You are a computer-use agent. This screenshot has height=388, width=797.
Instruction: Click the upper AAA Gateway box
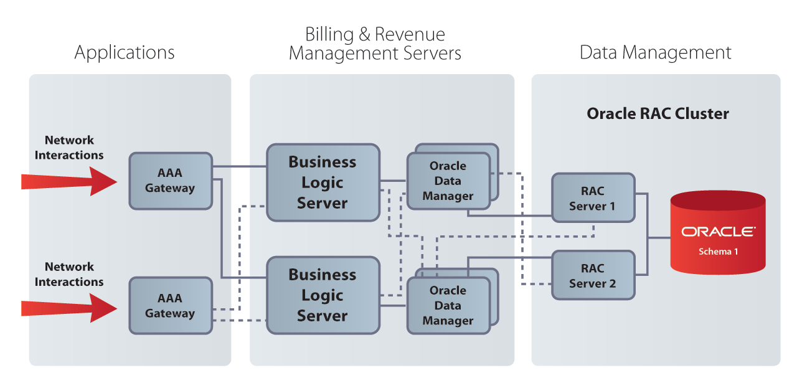pos(170,181)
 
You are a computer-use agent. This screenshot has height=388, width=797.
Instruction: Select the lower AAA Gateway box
pos(170,306)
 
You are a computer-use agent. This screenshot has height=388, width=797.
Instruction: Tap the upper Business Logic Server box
pos(323,182)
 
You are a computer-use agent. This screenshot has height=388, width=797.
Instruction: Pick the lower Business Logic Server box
pos(323,295)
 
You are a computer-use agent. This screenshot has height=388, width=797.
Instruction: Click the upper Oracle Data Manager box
pos(448,181)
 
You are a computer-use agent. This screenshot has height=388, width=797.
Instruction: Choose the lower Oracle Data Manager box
pos(448,305)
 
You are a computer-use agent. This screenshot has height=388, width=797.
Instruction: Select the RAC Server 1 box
pos(592,199)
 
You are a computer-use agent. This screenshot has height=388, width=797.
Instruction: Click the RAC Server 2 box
pos(592,276)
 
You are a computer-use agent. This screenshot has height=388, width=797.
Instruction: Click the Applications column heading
pos(125,52)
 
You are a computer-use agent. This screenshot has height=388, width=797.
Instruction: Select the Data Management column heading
pos(655,52)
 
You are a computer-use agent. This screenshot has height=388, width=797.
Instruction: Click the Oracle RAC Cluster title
pos(658,114)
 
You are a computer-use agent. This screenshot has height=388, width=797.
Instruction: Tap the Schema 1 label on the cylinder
pos(718,252)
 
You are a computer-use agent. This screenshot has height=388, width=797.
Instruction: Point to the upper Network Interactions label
pos(69,148)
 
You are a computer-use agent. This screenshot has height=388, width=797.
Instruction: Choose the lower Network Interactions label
pos(69,274)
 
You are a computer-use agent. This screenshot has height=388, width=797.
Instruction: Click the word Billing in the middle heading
pos(328,34)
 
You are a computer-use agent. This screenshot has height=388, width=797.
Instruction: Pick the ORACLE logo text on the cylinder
pos(718,232)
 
